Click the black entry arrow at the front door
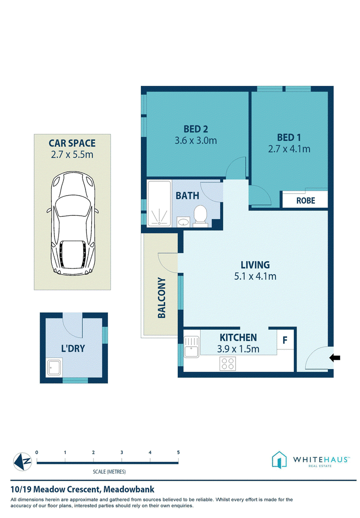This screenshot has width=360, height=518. coord(335,357)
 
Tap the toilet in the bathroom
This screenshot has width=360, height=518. coord(200,216)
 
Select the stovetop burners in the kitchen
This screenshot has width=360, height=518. coord(228,363)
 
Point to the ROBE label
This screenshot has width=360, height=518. coord(306,201)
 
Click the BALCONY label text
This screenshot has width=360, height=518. coord(162,298)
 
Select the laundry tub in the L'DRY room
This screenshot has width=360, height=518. coord(54,367)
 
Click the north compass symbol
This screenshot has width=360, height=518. coord(22,461)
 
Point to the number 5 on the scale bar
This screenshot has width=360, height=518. coord(178,452)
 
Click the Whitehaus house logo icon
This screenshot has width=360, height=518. coord(279,460)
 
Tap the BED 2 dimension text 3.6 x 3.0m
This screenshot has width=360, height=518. coord(196,140)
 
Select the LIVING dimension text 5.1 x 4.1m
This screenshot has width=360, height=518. coord(255,276)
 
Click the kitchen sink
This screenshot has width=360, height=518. coord(191,347)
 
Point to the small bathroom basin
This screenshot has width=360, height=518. coord(184,222)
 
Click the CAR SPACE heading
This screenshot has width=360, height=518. coord(72,143)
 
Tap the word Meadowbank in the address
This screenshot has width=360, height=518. coord(129,489)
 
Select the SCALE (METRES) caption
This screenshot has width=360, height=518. coord(109,471)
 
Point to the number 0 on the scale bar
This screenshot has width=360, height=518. coord(37,452)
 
